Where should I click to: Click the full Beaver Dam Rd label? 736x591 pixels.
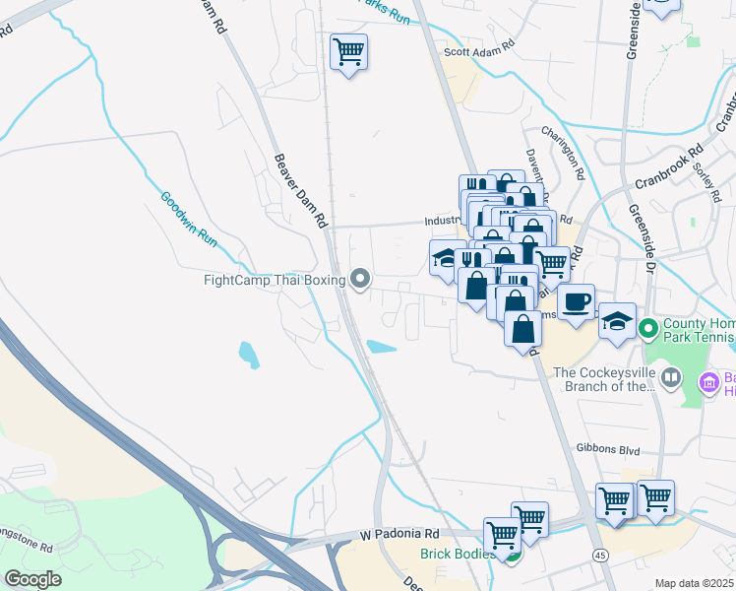coord(300,191)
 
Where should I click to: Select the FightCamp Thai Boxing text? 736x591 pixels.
coord(274,281)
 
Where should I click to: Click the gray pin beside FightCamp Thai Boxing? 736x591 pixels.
coord(360,281)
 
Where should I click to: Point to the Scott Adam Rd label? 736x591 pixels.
coord(480,45)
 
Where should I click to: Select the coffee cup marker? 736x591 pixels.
coord(577,300)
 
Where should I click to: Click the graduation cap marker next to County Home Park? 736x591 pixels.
coord(617,322)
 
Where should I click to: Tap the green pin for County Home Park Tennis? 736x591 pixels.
coord(647,327)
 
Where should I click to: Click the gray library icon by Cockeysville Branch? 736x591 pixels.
coord(671,377)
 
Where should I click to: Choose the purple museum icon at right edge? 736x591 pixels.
coord(707,381)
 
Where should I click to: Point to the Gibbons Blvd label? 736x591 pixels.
coord(609,450)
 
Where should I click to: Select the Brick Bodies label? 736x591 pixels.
coord(461,555)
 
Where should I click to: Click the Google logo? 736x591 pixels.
coord(32,579)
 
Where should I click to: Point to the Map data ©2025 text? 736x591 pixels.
coord(694,583)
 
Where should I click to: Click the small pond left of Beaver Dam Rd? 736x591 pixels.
coord(249,354)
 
